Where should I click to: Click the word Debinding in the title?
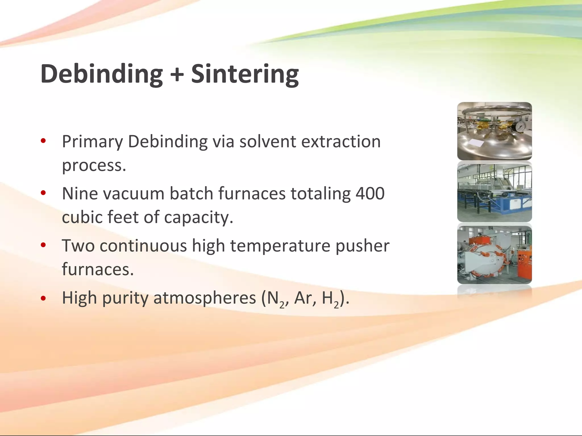pos(101,74)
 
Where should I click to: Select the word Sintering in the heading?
pos(245,74)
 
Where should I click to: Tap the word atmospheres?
pos(205,298)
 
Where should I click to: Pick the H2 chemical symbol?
pos(331,299)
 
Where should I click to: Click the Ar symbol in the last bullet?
pos(303,298)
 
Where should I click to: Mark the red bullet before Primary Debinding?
pos(43,141)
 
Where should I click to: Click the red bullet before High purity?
pos(43,298)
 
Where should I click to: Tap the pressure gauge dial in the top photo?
pos(519,127)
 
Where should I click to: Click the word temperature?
pos(280,246)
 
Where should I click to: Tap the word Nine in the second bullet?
pos(79,194)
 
